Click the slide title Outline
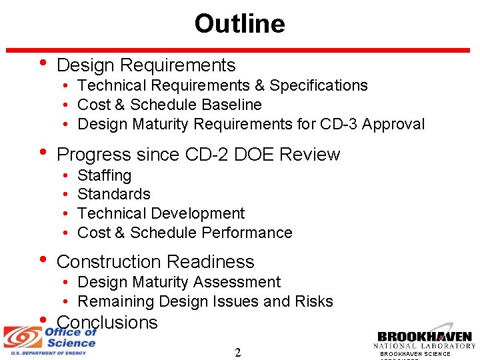(239, 24)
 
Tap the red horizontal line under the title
(239, 50)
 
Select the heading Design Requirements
(146, 65)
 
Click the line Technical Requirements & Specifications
(222, 85)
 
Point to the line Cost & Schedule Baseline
(169, 105)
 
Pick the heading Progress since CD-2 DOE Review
(199, 155)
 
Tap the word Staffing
(104, 175)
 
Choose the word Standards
(114, 194)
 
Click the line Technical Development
(161, 213)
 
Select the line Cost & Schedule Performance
(185, 233)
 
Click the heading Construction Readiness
(155, 262)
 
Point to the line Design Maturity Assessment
(179, 282)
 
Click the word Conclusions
(107, 323)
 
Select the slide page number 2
(238, 352)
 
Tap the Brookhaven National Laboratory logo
(425, 339)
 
